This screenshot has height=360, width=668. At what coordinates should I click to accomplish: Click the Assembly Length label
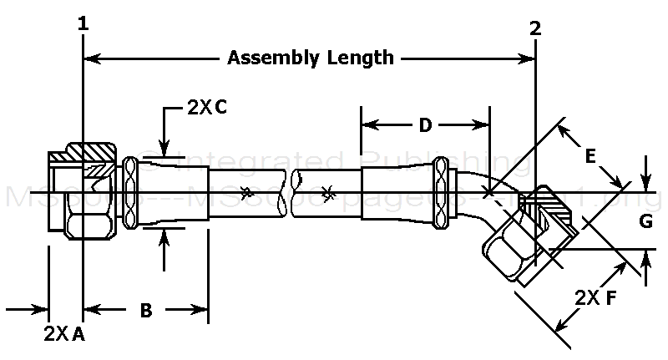[x=311, y=58]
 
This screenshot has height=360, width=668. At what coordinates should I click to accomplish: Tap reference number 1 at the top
[x=83, y=25]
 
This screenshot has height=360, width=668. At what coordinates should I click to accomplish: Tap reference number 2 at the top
[x=535, y=28]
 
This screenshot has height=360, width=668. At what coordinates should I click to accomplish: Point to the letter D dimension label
[x=425, y=125]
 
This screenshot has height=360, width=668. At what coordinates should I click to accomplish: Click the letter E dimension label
[x=590, y=155]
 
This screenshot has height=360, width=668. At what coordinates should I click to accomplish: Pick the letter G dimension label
[x=645, y=222]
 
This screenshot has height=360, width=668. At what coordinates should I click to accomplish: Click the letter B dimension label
[x=145, y=310]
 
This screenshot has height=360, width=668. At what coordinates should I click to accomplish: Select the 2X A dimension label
[x=64, y=334]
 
